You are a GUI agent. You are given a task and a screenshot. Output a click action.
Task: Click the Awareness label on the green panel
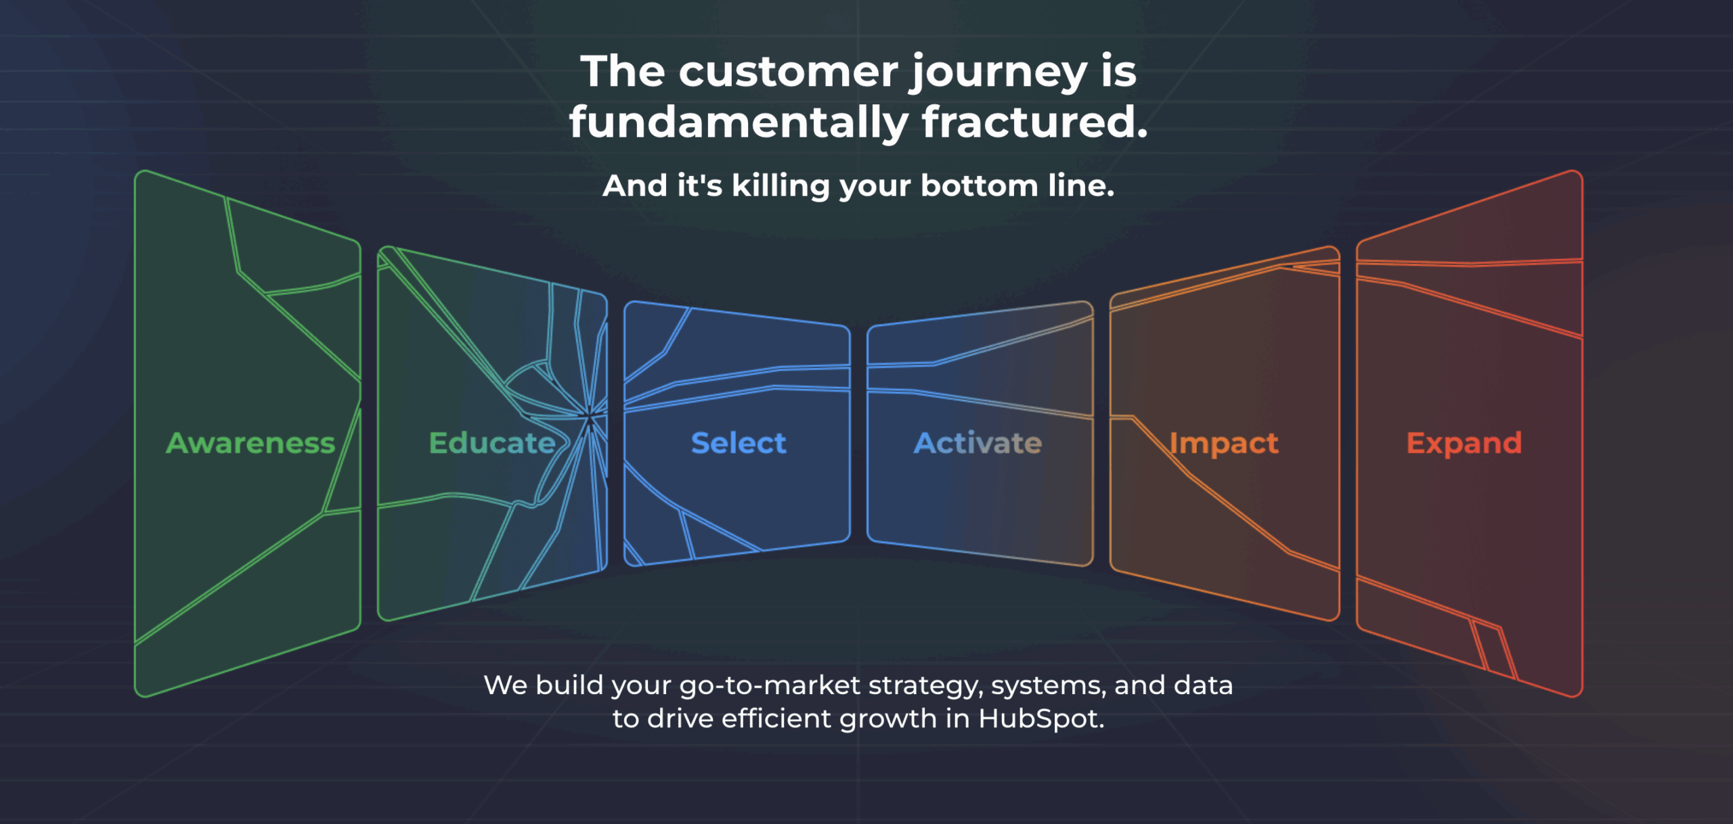[250, 443]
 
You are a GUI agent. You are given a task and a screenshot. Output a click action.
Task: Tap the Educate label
[492, 443]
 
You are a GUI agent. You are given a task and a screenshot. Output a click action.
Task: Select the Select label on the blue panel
[739, 443]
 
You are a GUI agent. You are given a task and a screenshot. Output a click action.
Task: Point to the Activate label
[978, 443]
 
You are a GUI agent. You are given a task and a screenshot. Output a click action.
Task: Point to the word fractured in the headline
[1034, 122]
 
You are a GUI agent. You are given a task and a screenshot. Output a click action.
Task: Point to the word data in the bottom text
[1203, 685]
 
